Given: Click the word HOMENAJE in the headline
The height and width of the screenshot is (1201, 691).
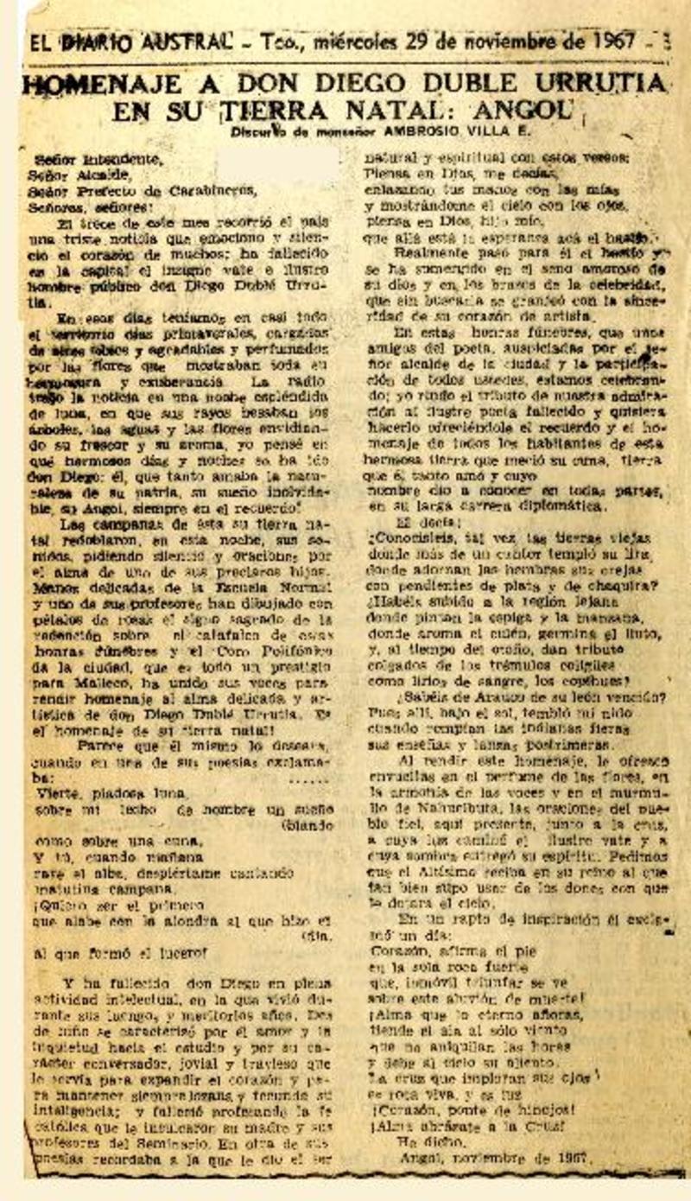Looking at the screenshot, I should (x=102, y=84).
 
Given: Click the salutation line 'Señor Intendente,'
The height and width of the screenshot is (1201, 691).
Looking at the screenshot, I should (x=97, y=159).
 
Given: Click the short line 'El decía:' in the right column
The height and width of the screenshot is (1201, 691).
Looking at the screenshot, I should (x=420, y=522).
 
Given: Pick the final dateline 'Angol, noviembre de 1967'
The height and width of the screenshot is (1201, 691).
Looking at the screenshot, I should (x=490, y=1156).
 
